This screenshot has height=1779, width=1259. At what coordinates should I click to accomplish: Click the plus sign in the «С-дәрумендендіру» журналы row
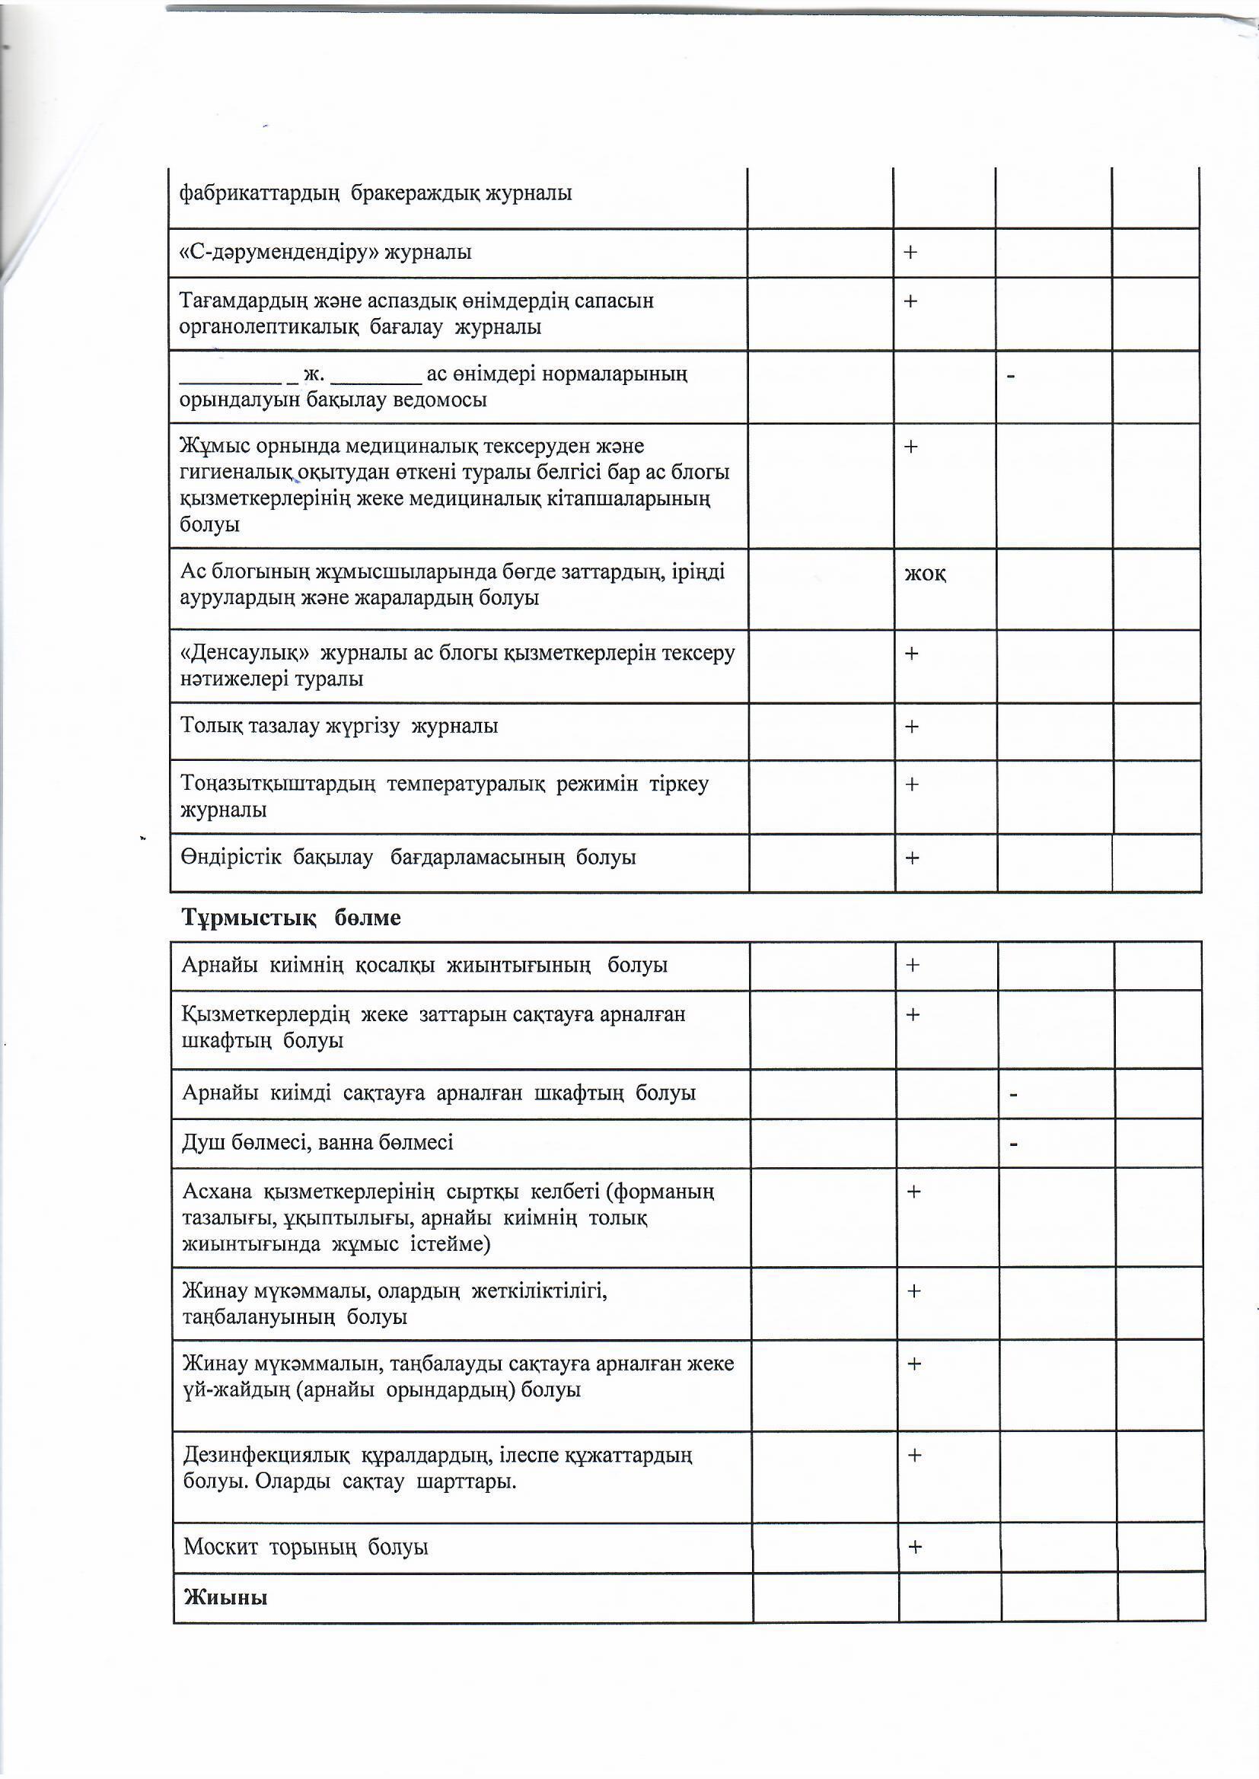click(910, 252)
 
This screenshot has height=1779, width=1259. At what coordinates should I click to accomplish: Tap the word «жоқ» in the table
click(925, 574)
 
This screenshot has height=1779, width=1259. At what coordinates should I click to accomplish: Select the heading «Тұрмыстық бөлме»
click(291, 918)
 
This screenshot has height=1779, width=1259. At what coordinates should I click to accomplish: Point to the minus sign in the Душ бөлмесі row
click(1013, 1144)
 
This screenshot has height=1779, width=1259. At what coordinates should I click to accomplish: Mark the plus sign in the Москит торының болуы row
click(915, 1547)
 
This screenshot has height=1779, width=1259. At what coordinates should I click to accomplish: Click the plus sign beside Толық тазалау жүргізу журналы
click(912, 727)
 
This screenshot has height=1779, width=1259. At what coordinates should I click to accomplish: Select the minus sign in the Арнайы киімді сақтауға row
click(1013, 1095)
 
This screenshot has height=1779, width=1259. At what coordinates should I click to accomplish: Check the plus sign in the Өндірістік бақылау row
click(913, 858)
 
